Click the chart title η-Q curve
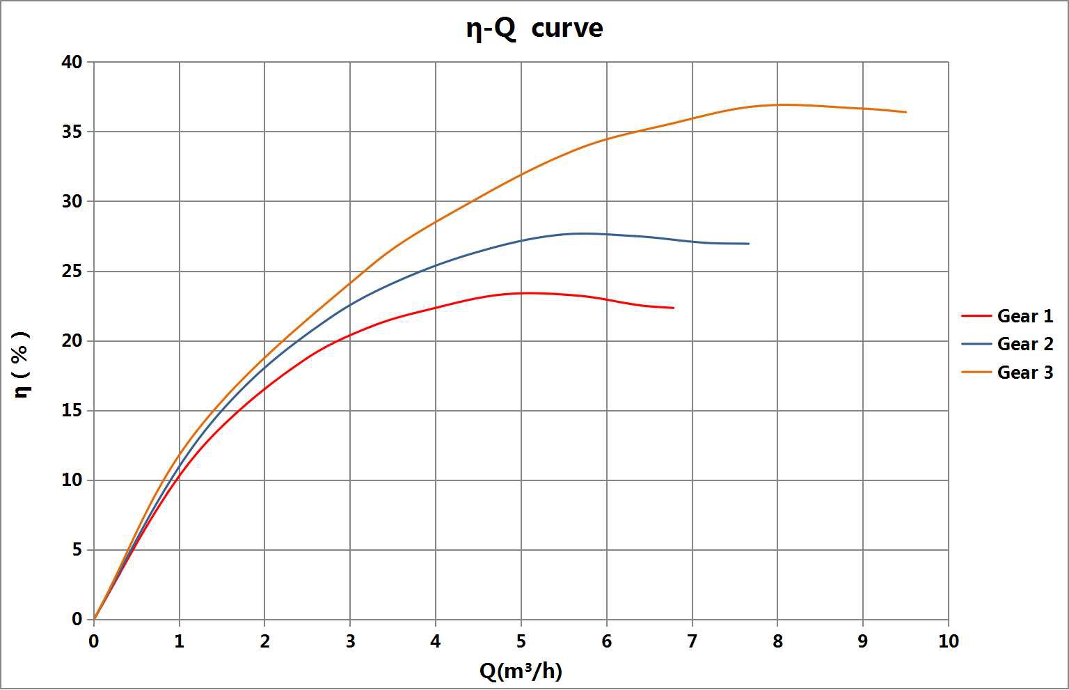[534, 29]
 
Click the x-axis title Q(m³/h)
[521, 671]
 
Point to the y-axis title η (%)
[22, 364]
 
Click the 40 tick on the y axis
[72, 62]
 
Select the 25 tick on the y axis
[72, 271]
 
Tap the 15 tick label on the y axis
[72, 411]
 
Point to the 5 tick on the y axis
[77, 550]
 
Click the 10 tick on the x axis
[949, 641]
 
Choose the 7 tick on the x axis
[692, 641]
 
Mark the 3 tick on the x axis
[350, 641]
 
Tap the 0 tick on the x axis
[94, 641]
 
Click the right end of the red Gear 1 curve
[673, 308]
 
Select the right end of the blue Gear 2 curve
[749, 244]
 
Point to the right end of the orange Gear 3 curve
[905, 112]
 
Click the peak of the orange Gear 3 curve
[779, 104]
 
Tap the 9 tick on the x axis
[863, 641]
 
